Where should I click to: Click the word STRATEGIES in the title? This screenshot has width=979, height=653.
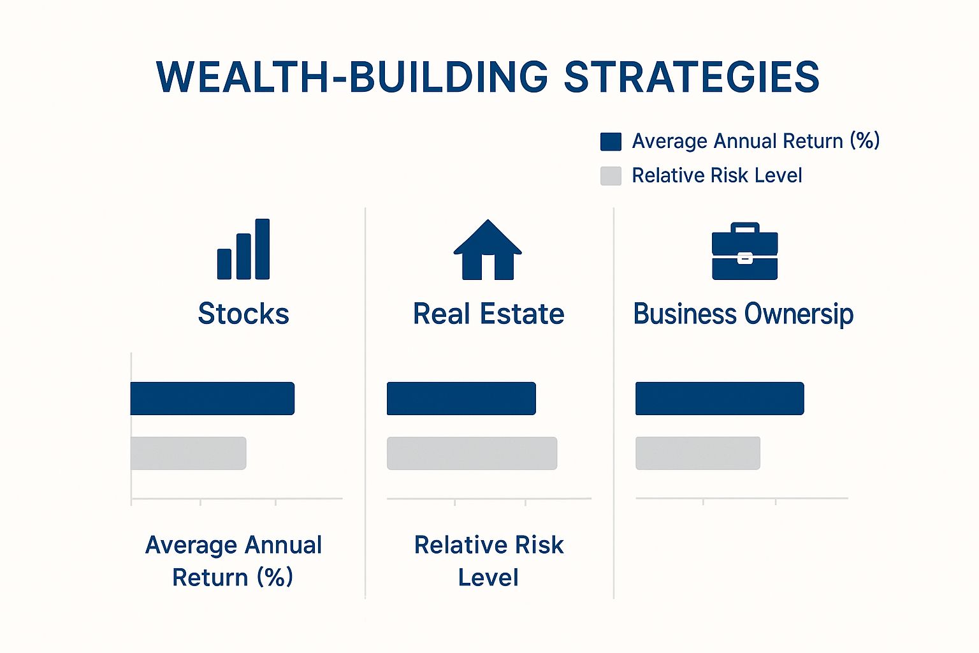tap(692, 77)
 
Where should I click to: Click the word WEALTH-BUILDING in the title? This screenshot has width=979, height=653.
tap(352, 77)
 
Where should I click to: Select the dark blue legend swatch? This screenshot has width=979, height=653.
tap(611, 142)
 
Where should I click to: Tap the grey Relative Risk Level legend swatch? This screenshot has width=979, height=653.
tap(611, 176)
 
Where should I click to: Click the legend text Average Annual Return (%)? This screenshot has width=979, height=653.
tap(756, 142)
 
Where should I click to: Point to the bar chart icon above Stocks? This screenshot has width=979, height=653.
tap(243, 249)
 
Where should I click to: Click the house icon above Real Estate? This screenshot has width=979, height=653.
tap(488, 249)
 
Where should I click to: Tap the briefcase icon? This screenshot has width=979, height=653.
tap(744, 251)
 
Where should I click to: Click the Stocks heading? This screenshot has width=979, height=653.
tap(243, 314)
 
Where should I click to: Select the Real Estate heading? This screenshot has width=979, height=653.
tap(489, 314)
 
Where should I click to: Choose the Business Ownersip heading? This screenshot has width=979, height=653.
tap(743, 314)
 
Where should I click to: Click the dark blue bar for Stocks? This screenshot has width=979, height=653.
tap(212, 399)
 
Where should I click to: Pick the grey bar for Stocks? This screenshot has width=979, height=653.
tap(189, 453)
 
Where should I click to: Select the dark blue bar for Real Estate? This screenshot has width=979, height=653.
tap(461, 399)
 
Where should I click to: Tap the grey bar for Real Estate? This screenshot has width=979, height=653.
tap(472, 453)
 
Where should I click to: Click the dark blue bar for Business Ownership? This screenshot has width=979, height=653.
tap(720, 399)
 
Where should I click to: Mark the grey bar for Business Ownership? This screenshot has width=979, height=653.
tap(697, 453)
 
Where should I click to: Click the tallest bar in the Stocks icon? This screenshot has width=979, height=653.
tap(262, 249)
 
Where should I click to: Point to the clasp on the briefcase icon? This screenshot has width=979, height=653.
tap(744, 258)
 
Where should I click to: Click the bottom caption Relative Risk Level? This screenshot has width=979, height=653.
tap(489, 561)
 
